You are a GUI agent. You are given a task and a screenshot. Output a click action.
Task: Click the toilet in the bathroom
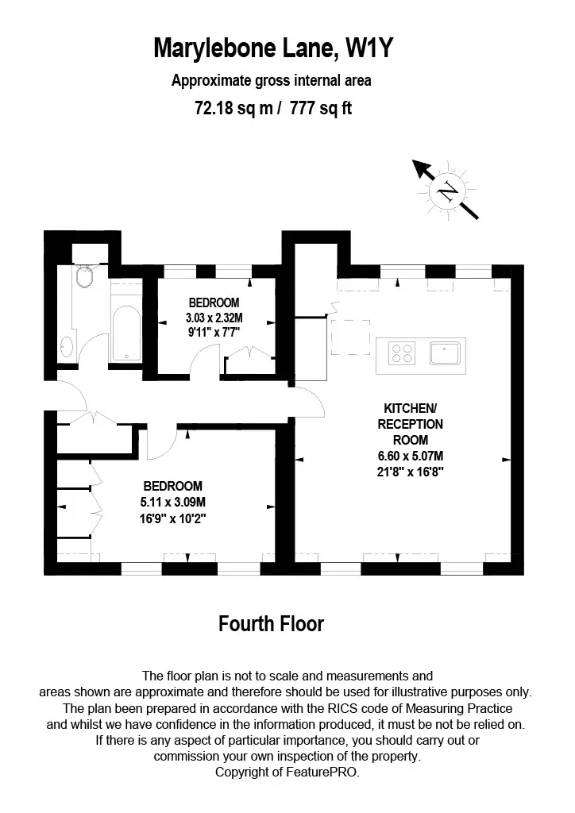84,277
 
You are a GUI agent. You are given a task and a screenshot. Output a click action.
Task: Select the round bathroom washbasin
67,346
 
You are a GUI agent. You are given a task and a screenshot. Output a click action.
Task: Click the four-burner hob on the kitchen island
402,354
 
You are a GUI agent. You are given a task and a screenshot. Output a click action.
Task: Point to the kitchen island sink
445,353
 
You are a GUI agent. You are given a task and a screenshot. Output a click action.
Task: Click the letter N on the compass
447,192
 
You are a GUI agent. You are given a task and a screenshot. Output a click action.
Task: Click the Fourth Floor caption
271,624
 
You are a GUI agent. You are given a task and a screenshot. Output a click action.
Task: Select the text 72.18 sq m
233,108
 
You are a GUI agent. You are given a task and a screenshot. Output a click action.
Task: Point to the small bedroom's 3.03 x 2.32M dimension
214,318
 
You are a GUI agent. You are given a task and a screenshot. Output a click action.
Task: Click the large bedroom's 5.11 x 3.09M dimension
172,502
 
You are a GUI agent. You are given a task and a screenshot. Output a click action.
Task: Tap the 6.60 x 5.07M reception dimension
410,457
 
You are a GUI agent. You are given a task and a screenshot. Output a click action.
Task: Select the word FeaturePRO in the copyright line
322,772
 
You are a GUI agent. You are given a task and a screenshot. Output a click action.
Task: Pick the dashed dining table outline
350,337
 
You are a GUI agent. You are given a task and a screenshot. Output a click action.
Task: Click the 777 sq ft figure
320,108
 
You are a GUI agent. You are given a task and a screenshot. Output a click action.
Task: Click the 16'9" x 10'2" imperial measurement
172,518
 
